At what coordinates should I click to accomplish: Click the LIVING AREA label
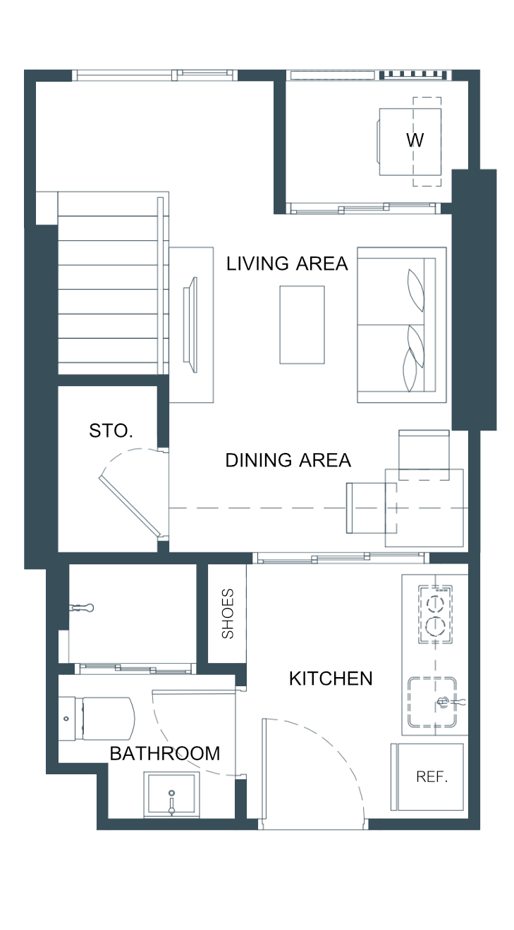pyautogui.click(x=287, y=263)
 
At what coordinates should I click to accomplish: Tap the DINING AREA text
pyautogui.click(x=288, y=461)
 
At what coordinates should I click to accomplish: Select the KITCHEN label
pyautogui.click(x=331, y=678)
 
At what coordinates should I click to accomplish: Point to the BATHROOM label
pyautogui.click(x=164, y=754)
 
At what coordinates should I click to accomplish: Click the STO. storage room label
pyautogui.click(x=111, y=431)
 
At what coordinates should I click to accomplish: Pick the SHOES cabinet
pyautogui.click(x=227, y=613)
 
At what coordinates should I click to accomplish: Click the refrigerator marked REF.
pyautogui.click(x=427, y=777)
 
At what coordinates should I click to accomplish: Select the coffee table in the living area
pyautogui.click(x=302, y=325)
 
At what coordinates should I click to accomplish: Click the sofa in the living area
pyautogui.click(x=402, y=325)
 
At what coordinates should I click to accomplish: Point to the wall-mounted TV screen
pyautogui.click(x=191, y=325)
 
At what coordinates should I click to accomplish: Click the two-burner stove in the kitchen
pyautogui.click(x=435, y=614)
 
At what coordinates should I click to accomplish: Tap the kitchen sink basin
pyautogui.click(x=432, y=702)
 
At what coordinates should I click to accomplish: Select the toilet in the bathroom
pyautogui.click(x=97, y=719)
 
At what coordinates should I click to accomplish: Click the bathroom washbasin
pyautogui.click(x=171, y=795)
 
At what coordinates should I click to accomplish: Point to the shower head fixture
pyautogui.click(x=82, y=608)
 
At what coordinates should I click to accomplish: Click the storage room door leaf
pyautogui.click(x=130, y=507)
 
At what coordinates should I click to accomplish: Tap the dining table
pyautogui.click(x=424, y=508)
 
